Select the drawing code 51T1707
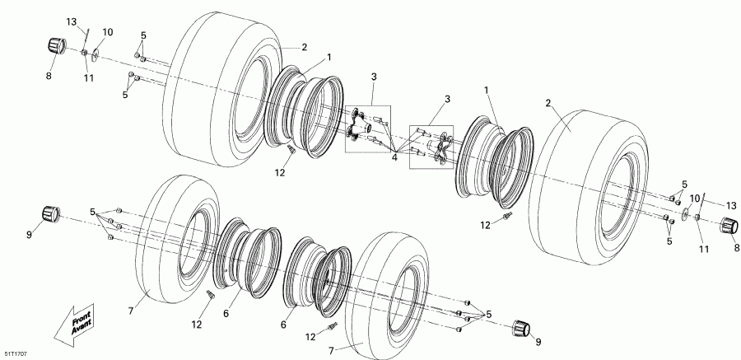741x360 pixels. click(x=16, y=353)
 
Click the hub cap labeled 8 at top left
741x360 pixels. click(x=56, y=45)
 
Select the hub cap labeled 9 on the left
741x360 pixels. click(x=55, y=215)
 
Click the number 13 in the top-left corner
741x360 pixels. click(x=71, y=20)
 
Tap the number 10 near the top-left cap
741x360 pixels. click(x=107, y=32)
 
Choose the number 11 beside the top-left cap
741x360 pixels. click(x=88, y=77)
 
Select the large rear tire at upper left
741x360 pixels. click(x=218, y=86)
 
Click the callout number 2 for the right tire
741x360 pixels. click(x=546, y=103)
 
